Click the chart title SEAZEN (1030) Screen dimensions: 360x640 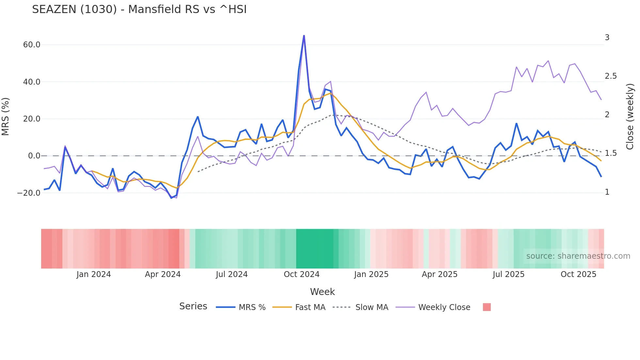click(139, 9)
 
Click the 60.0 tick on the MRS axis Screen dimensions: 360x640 click(32, 45)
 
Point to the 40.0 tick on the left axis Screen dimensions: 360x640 click(32, 82)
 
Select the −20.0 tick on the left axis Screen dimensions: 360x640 click(29, 193)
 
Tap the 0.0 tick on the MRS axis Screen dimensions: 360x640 click(34, 156)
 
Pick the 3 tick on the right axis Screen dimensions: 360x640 click(607, 38)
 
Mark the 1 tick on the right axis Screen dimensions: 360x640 click(607, 192)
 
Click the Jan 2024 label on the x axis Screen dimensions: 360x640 click(94, 274)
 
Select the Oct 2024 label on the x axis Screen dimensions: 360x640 click(301, 274)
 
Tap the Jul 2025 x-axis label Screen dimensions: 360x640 click(508, 274)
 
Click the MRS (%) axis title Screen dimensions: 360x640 click(6, 117)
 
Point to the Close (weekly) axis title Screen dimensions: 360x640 click(630, 117)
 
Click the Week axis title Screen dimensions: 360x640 click(322, 292)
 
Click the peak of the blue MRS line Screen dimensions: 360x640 click(304, 36)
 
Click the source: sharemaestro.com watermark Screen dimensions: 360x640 click(578, 256)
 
